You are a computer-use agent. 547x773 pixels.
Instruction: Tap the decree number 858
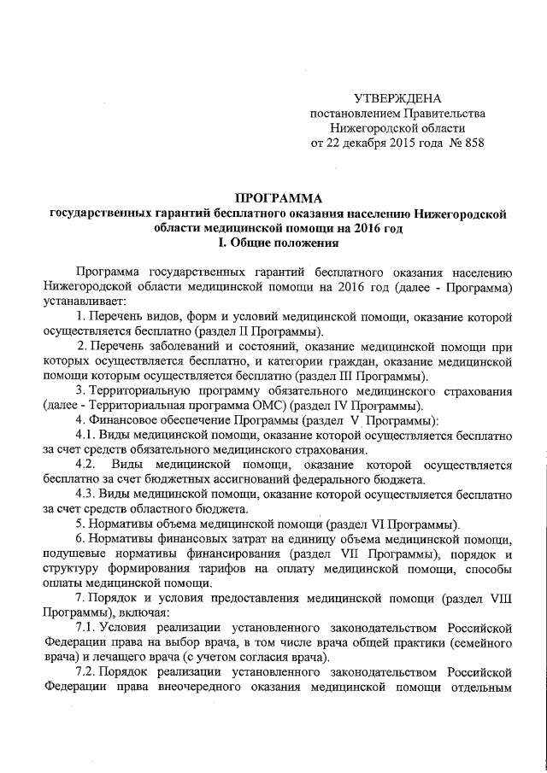pos(472,143)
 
